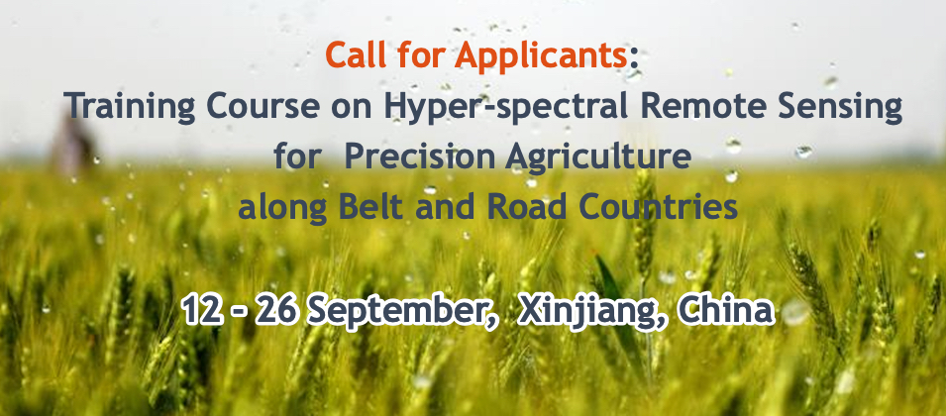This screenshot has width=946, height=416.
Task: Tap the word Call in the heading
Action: coord(359,55)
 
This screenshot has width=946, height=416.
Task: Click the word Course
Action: coord(249,106)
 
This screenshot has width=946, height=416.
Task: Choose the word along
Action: coord(277,210)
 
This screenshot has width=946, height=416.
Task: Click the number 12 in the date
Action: coord(204,311)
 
